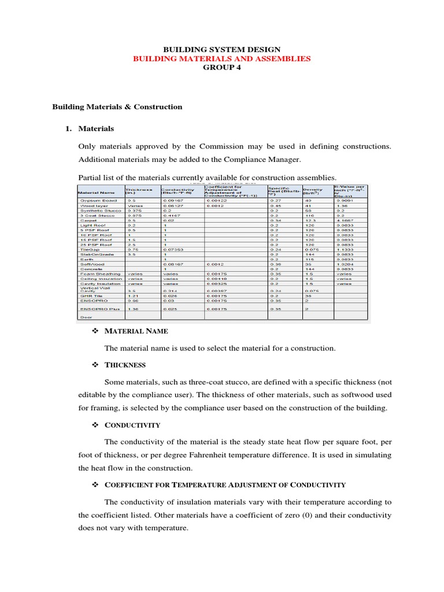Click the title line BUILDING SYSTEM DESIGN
click(x=222, y=50)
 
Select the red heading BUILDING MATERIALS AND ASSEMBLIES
click(x=222, y=58)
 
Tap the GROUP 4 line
click(x=222, y=67)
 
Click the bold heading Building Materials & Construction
click(x=117, y=106)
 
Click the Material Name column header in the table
click(x=94, y=192)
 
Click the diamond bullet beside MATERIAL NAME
click(x=96, y=331)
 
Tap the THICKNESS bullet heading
click(x=125, y=365)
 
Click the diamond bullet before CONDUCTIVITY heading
click(x=96, y=425)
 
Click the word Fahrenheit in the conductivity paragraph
click(x=262, y=455)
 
